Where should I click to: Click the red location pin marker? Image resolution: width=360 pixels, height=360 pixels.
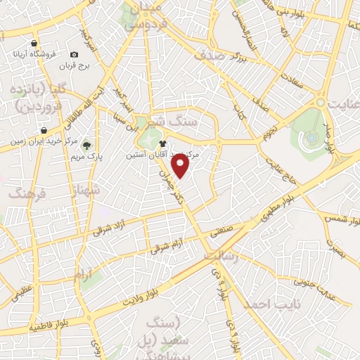[x=181, y=166]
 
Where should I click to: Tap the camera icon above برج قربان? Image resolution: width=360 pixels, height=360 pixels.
[x=74, y=54]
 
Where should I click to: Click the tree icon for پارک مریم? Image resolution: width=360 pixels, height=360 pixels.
[x=86, y=146]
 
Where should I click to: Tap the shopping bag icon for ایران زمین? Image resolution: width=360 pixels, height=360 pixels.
[x=44, y=130]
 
